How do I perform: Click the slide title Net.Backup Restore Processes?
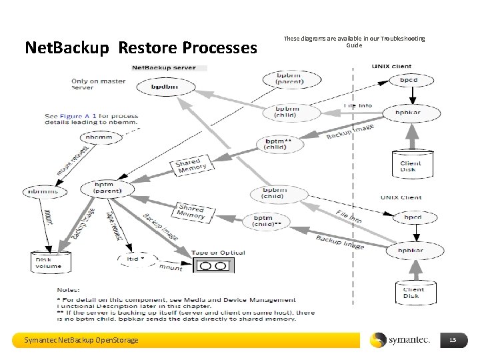(141, 47)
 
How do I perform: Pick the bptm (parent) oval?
(107, 189)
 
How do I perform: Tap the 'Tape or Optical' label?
(219, 253)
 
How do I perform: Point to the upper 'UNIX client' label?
(392, 66)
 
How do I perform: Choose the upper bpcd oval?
(409, 80)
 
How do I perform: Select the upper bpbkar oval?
(409, 113)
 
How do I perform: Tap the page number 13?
(453, 341)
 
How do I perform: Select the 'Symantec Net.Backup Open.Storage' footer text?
(81, 341)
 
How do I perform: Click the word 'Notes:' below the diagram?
(69, 291)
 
